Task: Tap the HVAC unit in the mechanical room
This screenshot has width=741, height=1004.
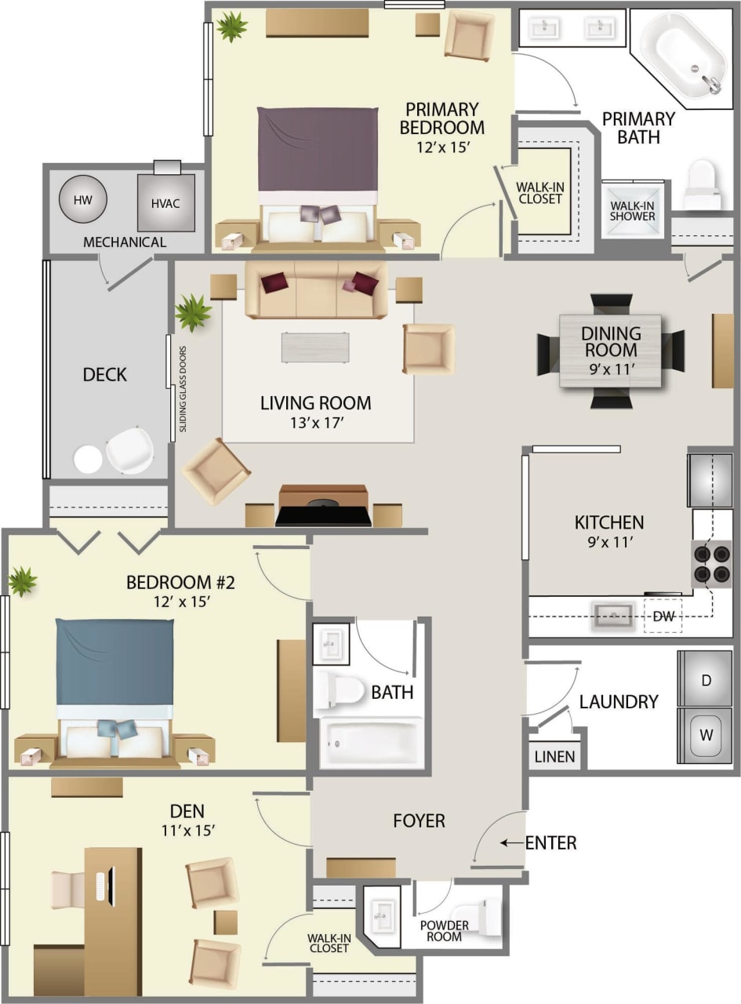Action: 165,203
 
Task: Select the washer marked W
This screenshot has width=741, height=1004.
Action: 706,735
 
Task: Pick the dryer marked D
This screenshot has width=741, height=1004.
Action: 706,680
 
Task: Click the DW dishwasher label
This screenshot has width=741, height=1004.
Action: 663,617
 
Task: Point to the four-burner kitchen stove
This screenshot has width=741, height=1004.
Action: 711,563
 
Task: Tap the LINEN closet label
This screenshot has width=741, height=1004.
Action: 555,757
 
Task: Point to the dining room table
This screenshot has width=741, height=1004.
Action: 610,351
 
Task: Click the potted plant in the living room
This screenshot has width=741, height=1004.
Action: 193,312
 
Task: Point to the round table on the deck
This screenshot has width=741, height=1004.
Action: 88,459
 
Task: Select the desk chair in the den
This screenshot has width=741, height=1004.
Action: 67,889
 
